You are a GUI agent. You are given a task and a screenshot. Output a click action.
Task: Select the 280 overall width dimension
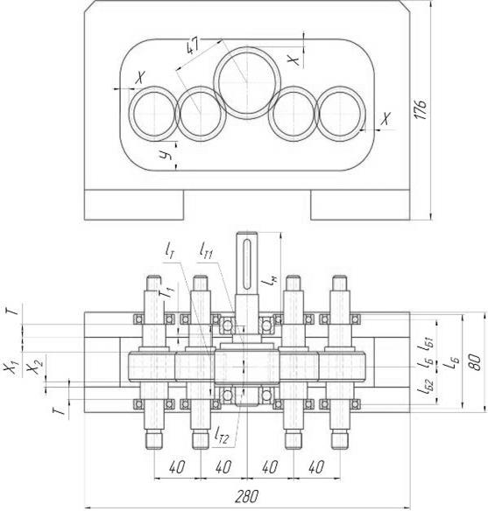tap(246, 496)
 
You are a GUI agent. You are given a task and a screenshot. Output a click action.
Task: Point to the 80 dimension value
tap(476, 361)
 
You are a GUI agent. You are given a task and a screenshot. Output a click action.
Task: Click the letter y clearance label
tap(166, 156)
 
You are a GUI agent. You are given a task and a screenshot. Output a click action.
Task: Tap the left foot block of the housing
tap(134, 205)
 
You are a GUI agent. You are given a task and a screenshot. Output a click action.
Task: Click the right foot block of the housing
tap(360, 205)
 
